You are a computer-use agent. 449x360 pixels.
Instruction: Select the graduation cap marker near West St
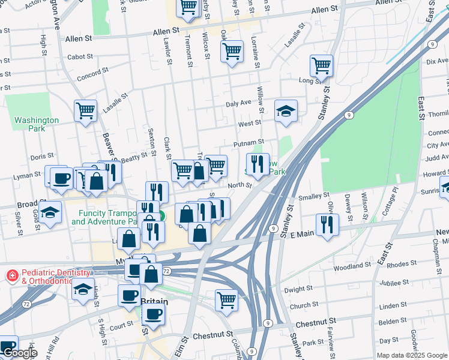(x=286, y=110)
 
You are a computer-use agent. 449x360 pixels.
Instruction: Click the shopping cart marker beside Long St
(x=322, y=66)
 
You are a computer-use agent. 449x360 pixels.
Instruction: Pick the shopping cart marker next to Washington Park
(x=86, y=110)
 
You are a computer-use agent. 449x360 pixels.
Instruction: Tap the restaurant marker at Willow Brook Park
(x=258, y=164)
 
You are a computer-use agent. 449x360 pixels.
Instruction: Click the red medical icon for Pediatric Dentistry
(x=11, y=276)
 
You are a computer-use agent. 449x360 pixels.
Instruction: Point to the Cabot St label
(x=80, y=57)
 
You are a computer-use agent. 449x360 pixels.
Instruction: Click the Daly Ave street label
(x=238, y=103)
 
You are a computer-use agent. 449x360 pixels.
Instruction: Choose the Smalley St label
(x=314, y=195)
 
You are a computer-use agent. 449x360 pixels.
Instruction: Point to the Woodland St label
(x=352, y=265)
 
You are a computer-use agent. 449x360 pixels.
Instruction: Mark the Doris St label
(x=42, y=156)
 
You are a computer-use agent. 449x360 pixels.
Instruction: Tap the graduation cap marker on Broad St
(x=50, y=213)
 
